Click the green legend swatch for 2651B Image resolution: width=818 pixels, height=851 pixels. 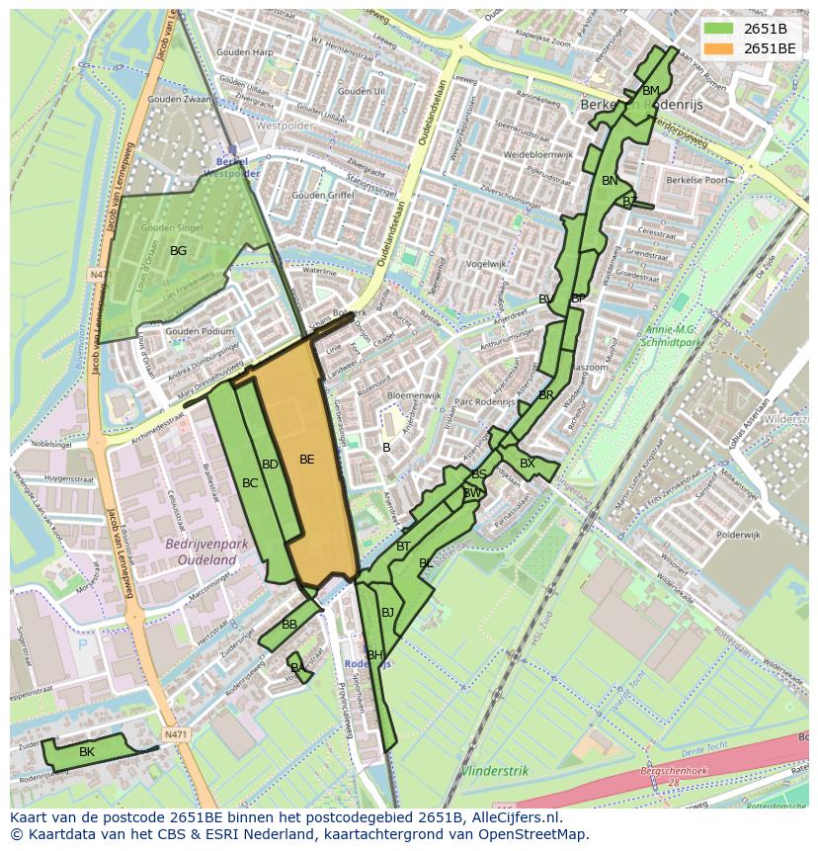click(x=718, y=29)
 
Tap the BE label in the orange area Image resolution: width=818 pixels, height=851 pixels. click(x=306, y=460)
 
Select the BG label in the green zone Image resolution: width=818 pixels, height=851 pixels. click(x=178, y=251)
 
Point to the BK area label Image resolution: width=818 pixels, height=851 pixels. click(x=87, y=752)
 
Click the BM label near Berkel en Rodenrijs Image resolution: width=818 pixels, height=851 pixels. click(x=650, y=91)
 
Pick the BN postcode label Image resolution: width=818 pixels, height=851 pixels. click(x=610, y=181)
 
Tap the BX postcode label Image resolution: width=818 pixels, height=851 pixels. click(x=528, y=464)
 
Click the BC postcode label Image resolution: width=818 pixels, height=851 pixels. click(x=250, y=483)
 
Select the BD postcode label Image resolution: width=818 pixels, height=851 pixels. click(x=270, y=465)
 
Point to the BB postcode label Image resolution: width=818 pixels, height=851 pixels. click(x=289, y=625)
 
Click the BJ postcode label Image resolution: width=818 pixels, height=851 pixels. click(x=387, y=613)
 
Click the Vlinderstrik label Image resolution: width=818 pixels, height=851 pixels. click(x=495, y=770)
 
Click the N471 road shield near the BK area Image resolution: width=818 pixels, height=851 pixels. click(x=175, y=734)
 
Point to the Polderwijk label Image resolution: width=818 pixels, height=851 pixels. click(x=738, y=534)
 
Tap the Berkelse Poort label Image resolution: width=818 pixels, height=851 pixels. click(x=696, y=181)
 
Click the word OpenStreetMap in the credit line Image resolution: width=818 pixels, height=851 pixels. click(x=538, y=834)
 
